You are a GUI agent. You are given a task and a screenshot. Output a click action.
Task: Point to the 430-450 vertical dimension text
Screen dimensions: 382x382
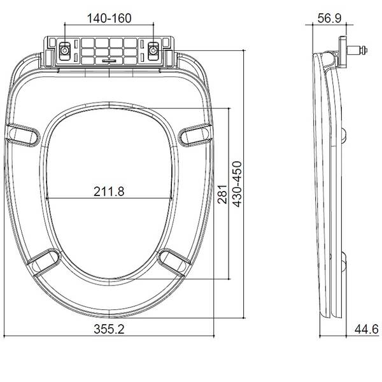pos(237,185)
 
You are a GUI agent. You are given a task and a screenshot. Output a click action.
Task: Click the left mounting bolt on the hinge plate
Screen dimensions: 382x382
pos(66,50)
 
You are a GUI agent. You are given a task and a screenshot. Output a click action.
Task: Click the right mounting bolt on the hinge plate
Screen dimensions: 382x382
pos(153,50)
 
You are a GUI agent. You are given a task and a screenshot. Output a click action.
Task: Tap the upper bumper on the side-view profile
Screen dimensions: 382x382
pos(344,133)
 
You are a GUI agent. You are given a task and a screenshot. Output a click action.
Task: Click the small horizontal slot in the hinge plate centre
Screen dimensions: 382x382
pos(110,61)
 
